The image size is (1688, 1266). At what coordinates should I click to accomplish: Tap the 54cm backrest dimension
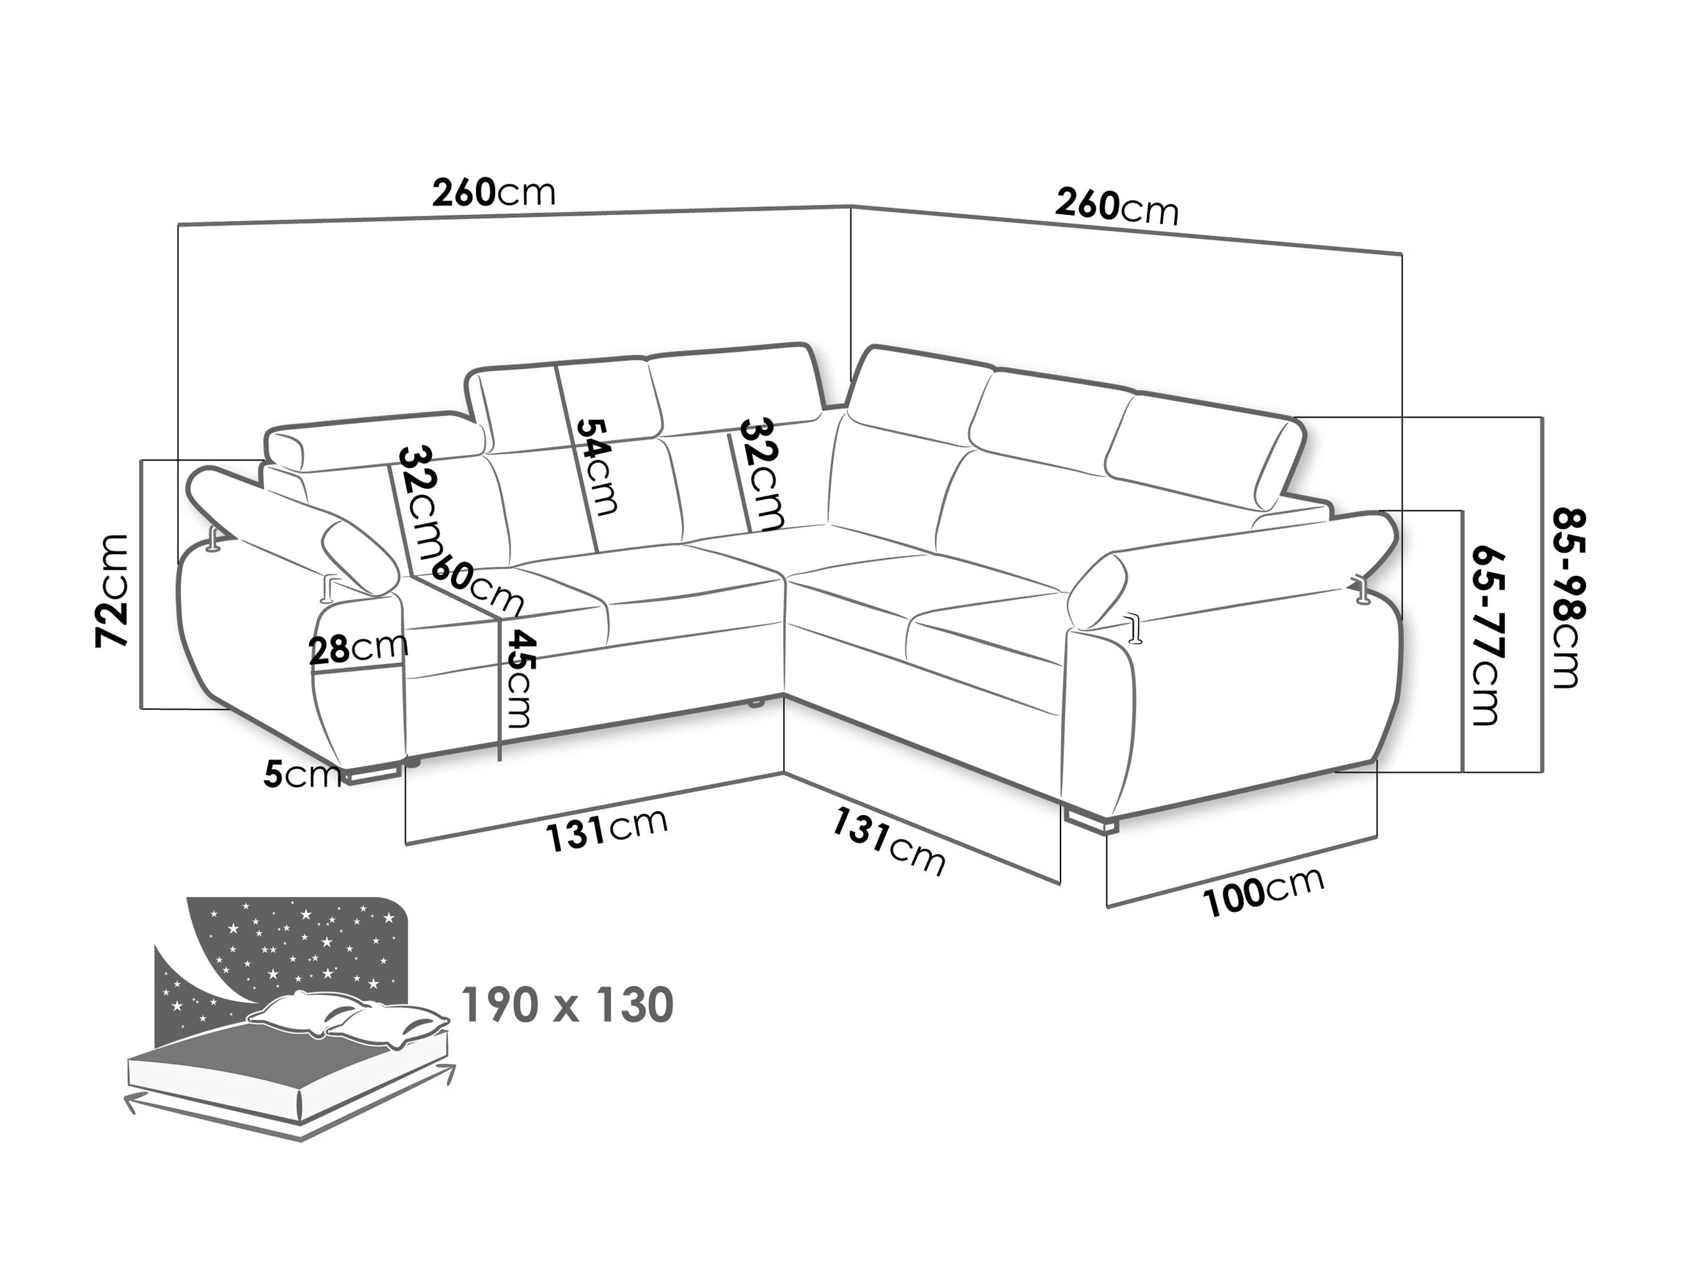[595, 465]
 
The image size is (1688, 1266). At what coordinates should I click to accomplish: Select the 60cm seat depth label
[478, 585]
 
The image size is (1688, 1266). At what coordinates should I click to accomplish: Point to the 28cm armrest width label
[358, 648]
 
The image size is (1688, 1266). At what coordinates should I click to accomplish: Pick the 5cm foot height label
[302, 775]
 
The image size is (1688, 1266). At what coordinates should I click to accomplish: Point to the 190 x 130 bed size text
[568, 1005]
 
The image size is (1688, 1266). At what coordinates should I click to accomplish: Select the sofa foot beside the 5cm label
[372, 775]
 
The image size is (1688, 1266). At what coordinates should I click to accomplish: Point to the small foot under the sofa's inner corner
[755, 704]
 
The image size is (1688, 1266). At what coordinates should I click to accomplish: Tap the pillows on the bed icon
[347, 1018]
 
